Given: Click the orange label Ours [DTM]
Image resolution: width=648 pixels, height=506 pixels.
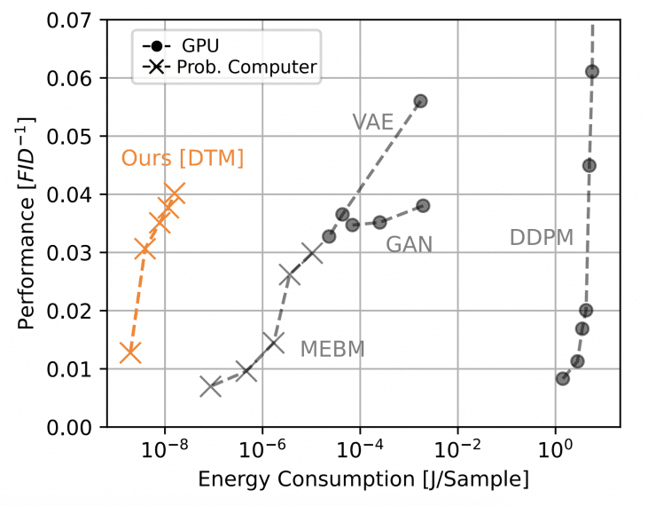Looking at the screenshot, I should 183,159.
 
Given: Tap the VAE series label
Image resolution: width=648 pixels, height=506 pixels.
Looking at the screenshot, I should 372,123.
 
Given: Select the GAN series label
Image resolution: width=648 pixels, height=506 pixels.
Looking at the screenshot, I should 409,244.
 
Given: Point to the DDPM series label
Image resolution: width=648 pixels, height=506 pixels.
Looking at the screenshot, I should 541,238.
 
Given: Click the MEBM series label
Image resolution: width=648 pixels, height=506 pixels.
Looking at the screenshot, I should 332,349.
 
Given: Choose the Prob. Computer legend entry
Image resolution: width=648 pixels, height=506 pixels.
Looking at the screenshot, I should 229,67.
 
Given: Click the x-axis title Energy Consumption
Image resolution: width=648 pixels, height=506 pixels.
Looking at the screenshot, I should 363,480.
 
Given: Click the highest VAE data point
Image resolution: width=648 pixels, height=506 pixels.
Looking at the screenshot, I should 420,101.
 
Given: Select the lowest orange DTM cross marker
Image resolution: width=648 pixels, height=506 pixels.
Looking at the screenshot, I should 130,352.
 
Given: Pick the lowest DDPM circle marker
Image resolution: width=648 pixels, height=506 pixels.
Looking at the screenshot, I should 562,378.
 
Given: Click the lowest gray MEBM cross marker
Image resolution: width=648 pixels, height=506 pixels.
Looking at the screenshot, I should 210,386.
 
